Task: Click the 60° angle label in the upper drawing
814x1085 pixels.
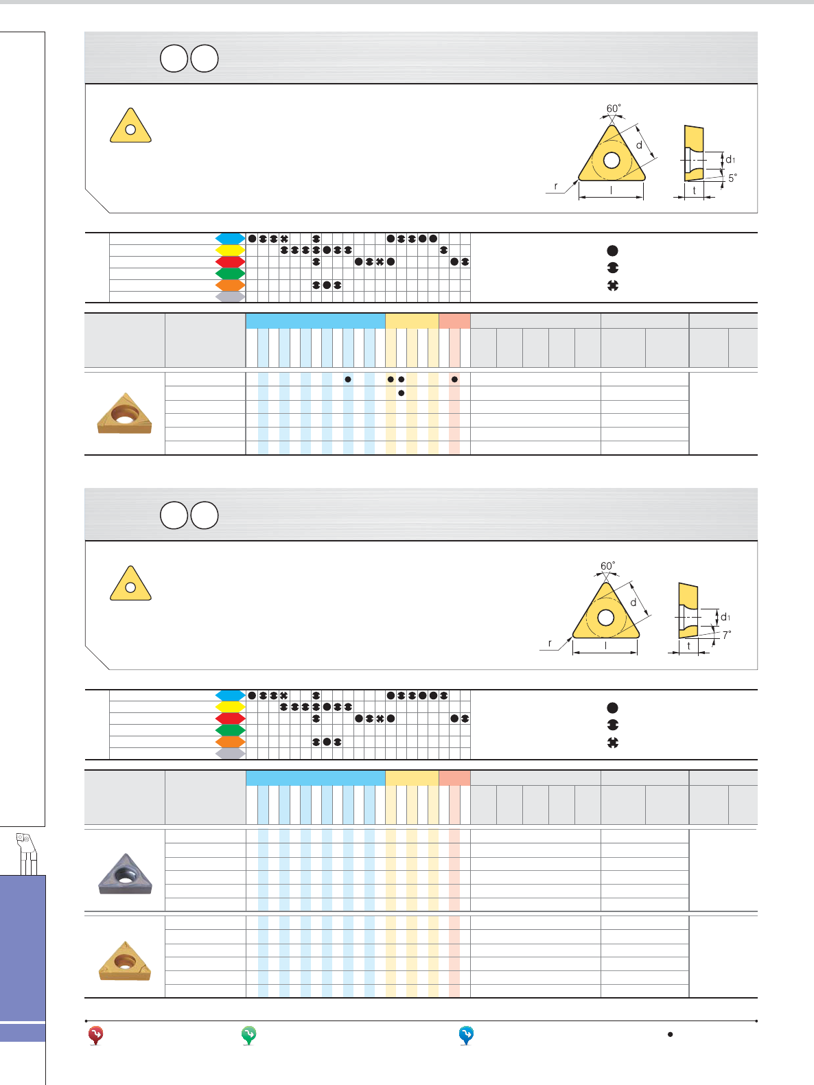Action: point(614,108)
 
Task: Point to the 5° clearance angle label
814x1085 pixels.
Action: point(732,178)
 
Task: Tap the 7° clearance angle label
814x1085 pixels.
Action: point(727,635)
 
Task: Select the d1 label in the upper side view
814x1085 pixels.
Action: point(730,160)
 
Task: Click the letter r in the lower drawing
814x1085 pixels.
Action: point(550,643)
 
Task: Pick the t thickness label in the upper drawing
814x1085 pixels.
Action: point(695,190)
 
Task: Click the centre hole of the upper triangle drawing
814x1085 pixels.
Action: point(612,160)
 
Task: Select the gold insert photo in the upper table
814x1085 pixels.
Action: point(124,413)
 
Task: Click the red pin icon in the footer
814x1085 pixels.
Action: point(96,1035)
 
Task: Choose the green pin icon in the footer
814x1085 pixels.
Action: point(248,1035)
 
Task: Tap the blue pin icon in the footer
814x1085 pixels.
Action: point(466,1035)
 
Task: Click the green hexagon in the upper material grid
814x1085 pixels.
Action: point(231,273)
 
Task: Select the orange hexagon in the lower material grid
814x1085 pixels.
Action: point(231,742)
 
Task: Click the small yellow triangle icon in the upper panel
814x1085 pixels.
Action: point(130,126)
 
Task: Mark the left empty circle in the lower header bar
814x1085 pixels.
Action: point(174,515)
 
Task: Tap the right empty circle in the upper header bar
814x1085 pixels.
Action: point(205,58)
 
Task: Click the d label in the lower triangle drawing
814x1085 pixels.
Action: point(633,603)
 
